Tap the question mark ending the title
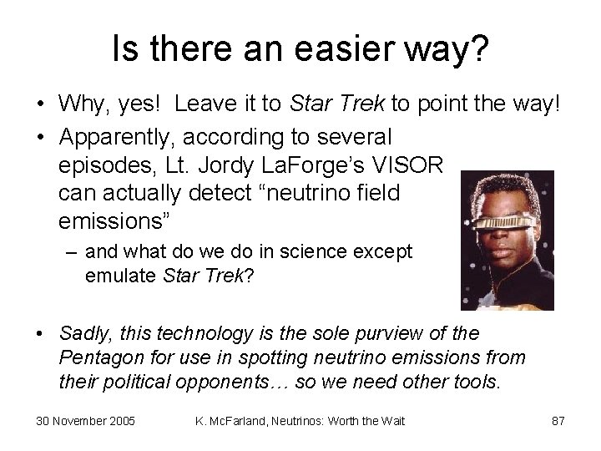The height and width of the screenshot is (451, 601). pos(479,51)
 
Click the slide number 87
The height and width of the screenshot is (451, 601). pos(558,421)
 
